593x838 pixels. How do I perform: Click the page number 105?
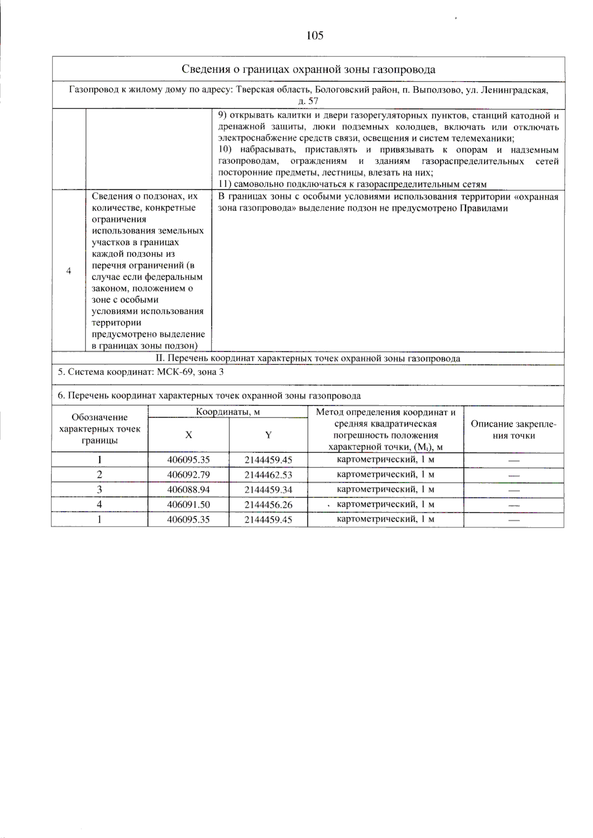coord(315,35)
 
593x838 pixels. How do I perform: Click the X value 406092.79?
coord(188,475)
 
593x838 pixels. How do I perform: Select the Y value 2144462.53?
coord(268,475)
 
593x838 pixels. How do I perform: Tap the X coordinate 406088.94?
coord(188,490)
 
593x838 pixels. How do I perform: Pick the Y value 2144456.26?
coord(268,504)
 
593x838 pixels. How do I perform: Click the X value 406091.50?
coord(188,504)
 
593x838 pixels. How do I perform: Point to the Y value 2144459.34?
coord(268,490)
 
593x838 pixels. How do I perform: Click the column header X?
coord(188,435)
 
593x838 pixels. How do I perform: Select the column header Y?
coord(268,435)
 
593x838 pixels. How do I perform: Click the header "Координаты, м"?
coord(228,412)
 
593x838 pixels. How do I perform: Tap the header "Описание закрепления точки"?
coord(513,430)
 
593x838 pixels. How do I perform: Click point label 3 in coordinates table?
coord(99,490)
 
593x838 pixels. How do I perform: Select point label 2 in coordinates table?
coord(99,475)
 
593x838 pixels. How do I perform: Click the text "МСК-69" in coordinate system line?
coord(175,372)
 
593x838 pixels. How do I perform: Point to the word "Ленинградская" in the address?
coord(514,90)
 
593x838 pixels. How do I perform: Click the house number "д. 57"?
coord(308,101)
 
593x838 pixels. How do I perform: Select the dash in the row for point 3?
coord(514,490)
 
